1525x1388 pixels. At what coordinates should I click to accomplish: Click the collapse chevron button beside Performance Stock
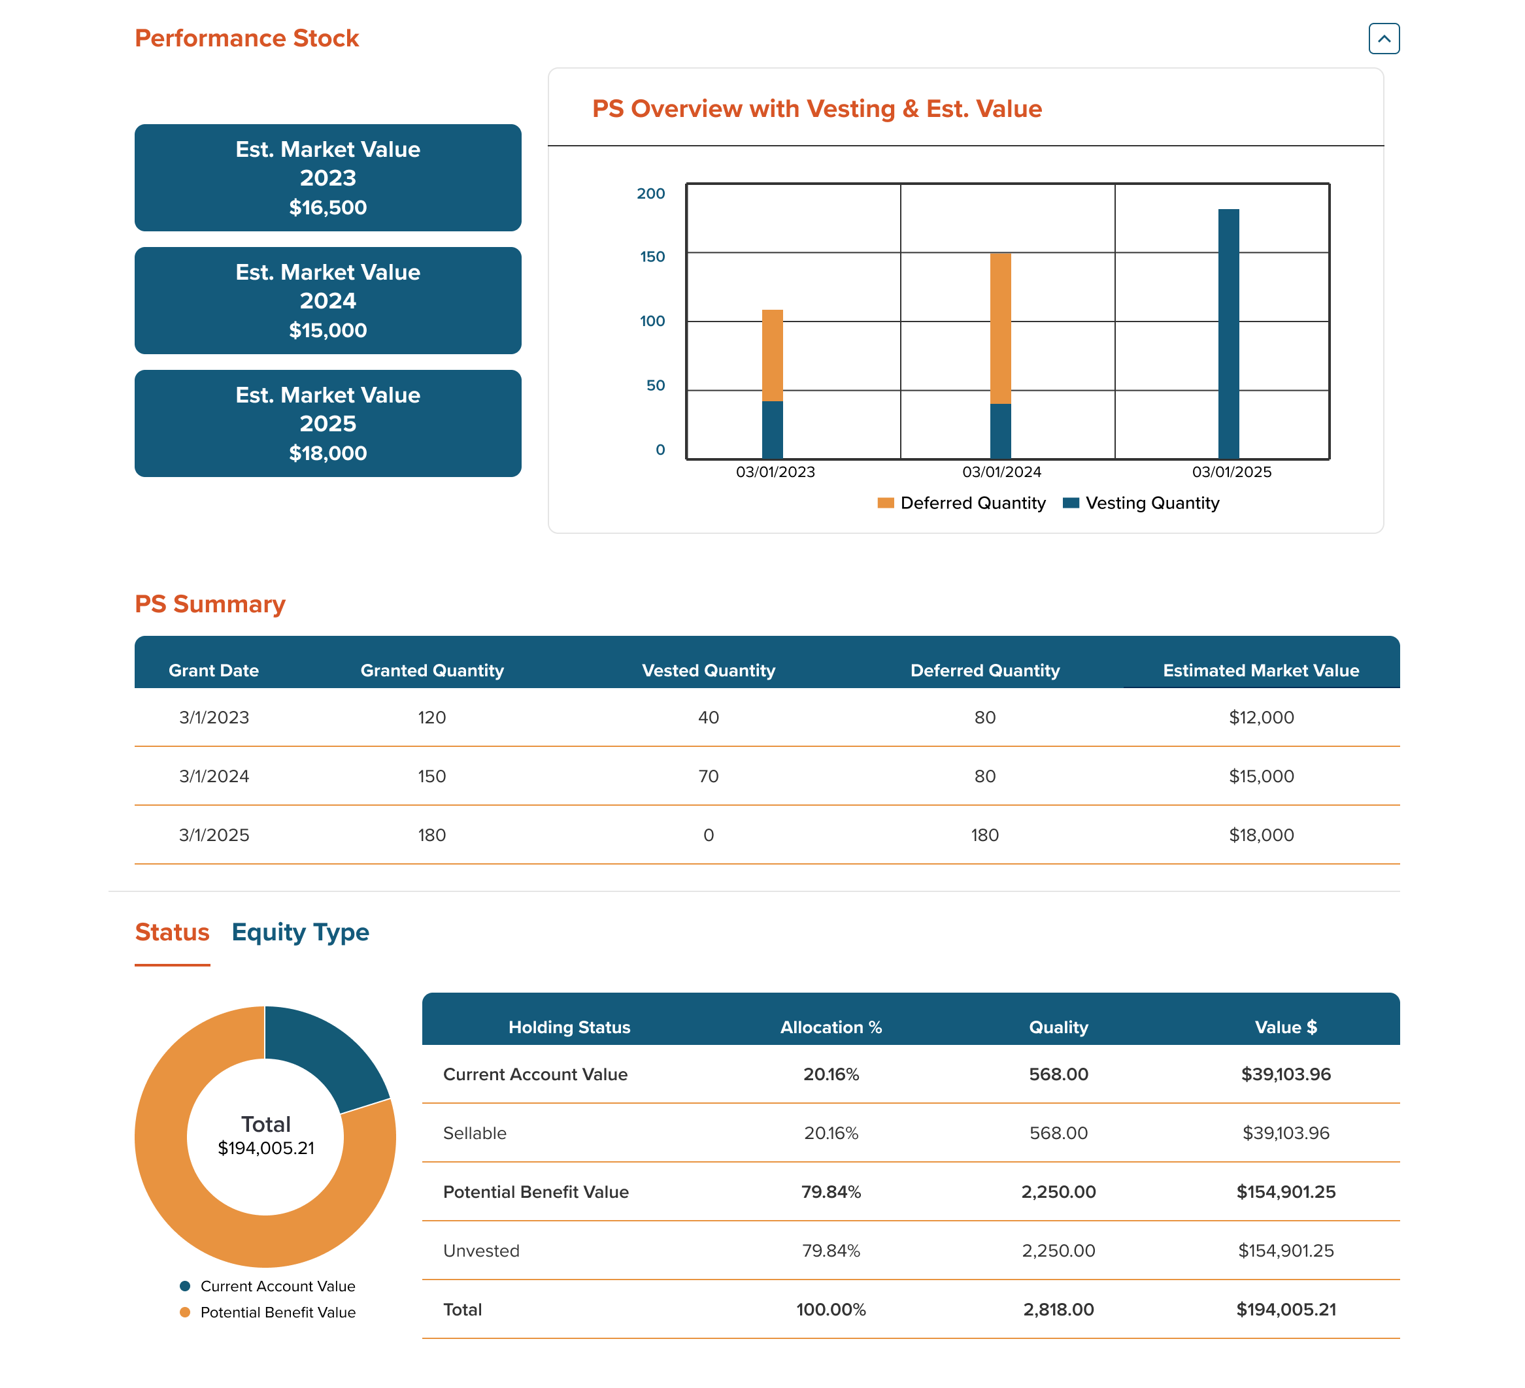(1384, 39)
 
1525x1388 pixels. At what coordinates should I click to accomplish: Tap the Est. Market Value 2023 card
(327, 178)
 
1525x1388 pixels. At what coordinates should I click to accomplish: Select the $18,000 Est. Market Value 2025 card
(327, 423)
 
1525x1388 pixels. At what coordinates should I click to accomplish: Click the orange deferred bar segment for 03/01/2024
(1000, 328)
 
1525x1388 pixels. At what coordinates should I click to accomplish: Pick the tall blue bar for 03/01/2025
(1228, 333)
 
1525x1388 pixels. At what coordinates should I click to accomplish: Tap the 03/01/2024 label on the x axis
(1001, 472)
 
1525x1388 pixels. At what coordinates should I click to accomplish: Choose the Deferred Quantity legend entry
(962, 503)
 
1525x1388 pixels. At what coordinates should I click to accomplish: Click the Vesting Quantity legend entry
(1142, 503)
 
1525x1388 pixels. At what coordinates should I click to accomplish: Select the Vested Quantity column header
(708, 670)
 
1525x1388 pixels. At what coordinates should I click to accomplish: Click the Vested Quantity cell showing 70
(708, 776)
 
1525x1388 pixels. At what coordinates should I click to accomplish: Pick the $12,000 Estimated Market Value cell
(1261, 717)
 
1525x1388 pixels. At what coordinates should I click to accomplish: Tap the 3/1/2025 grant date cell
(214, 835)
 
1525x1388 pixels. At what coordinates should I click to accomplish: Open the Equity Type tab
(300, 932)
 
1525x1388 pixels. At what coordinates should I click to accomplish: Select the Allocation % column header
(831, 1027)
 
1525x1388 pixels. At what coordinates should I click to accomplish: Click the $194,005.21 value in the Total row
(1285, 1310)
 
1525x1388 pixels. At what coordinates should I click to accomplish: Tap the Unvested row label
(481, 1250)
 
